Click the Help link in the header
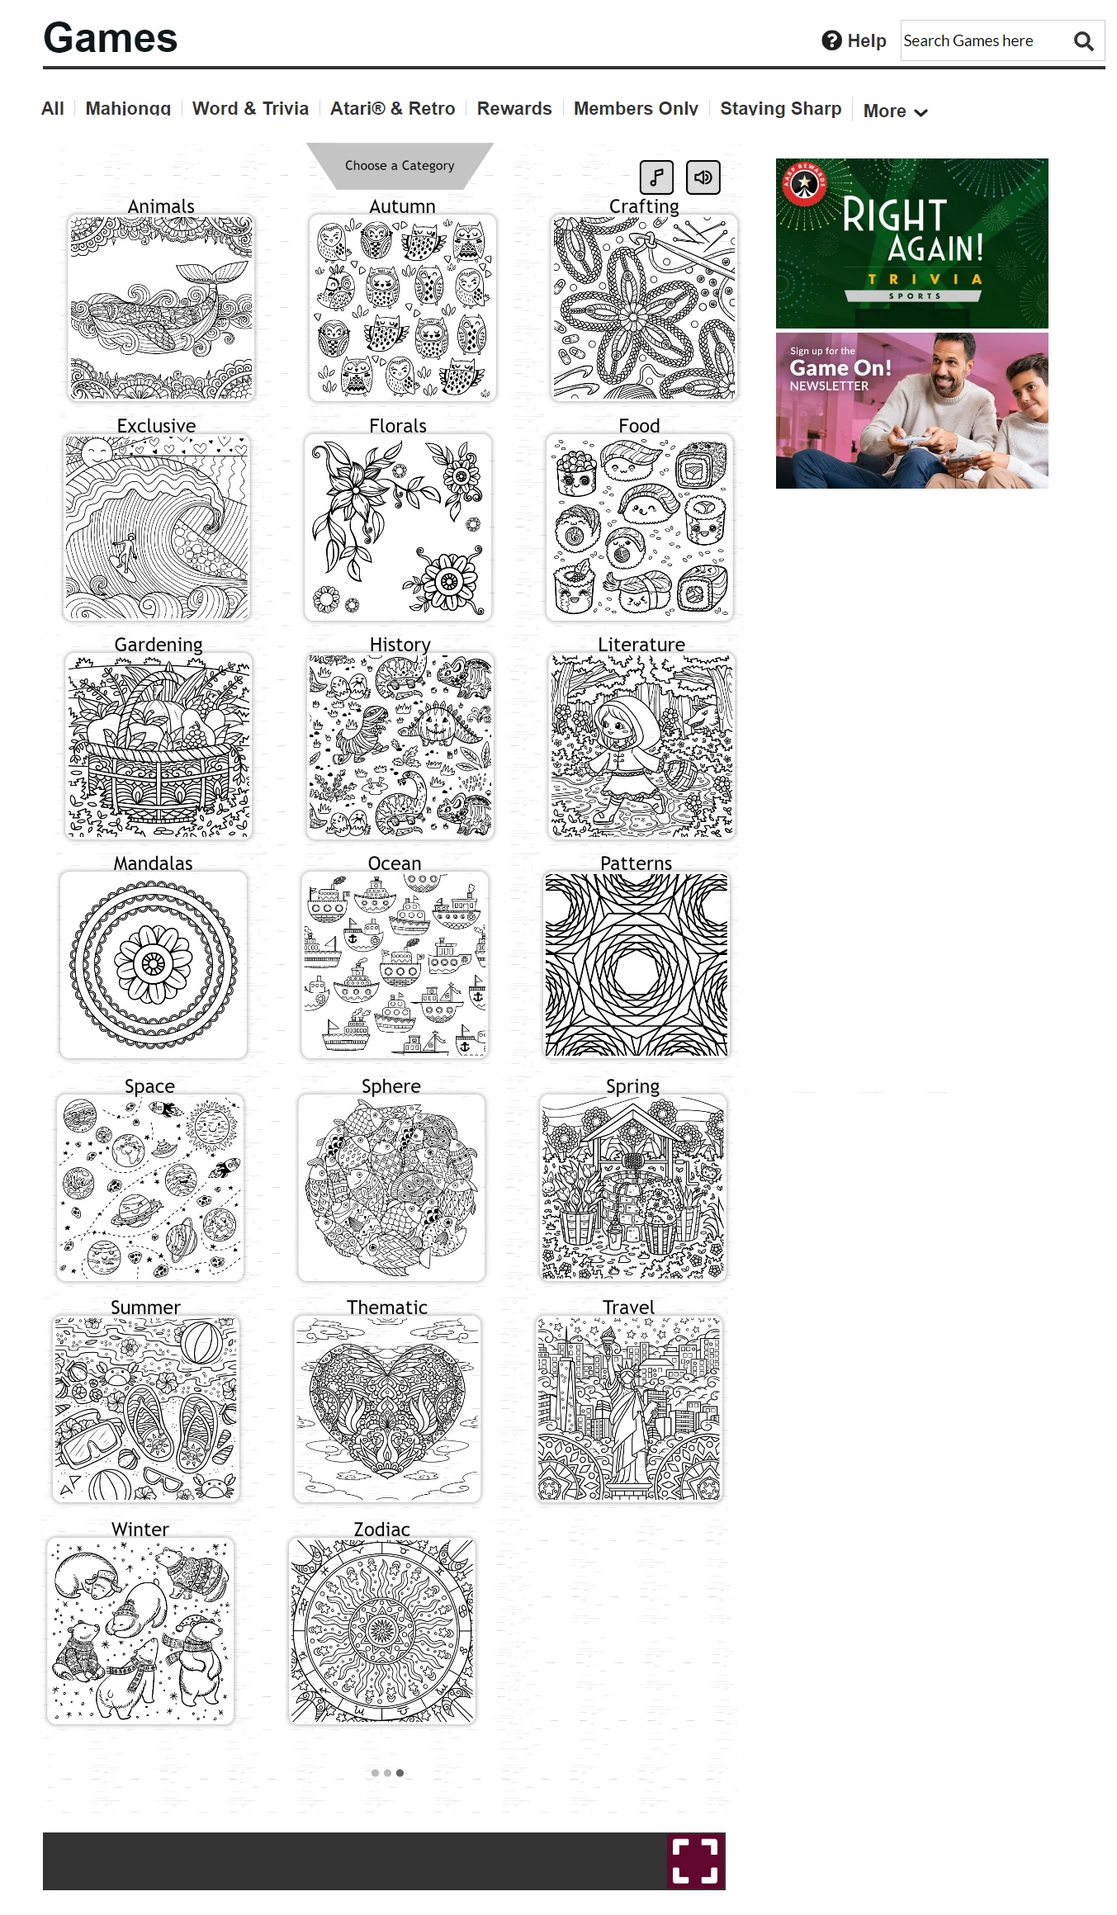click(x=854, y=40)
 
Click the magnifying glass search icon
click(x=1083, y=41)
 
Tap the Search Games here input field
click(x=982, y=40)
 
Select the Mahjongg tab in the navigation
click(x=128, y=108)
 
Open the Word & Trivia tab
click(x=250, y=108)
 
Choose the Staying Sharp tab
click(x=780, y=108)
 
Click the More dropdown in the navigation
click(x=895, y=111)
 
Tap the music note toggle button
click(x=656, y=177)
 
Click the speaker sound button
click(x=703, y=177)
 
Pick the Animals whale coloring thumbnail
click(x=161, y=308)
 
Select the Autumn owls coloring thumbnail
click(x=403, y=308)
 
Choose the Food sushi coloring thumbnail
click(x=640, y=527)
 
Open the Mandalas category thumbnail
click(x=154, y=965)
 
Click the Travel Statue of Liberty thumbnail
click(x=629, y=1408)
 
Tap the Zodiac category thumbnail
click(x=382, y=1630)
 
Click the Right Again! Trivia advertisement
click(x=912, y=244)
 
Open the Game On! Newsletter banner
click(x=912, y=411)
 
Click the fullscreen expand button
click(x=695, y=1861)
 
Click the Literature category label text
click(x=641, y=645)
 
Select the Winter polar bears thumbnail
click(x=140, y=1630)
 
